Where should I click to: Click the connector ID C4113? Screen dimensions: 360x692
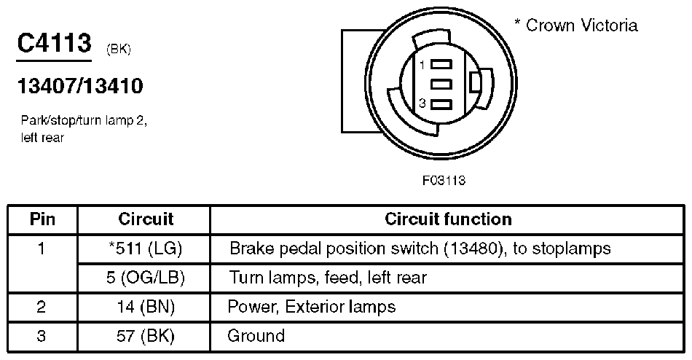click(54, 44)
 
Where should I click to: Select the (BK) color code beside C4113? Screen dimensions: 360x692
click(119, 50)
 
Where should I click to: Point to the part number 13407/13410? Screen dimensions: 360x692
click(80, 87)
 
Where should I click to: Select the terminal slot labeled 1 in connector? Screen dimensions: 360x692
click(441, 65)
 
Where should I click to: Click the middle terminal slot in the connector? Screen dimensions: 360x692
click(441, 85)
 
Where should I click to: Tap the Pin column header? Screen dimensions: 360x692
click(42, 219)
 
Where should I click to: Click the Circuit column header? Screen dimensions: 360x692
click(146, 219)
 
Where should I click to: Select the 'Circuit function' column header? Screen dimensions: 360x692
click(448, 219)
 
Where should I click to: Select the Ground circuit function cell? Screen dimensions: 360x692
click(256, 336)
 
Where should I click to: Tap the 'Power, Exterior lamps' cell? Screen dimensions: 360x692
click(312, 307)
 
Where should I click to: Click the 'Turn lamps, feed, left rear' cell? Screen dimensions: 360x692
click(328, 278)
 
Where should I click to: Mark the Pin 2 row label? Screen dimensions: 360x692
click(42, 307)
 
